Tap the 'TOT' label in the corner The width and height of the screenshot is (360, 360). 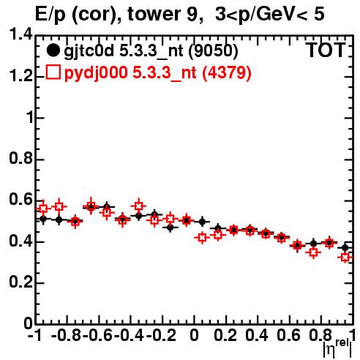pos(326,50)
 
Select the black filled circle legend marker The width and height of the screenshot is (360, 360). pos(53,50)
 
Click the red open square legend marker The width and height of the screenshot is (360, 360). pos(53,72)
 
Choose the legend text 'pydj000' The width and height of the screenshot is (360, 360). pos(96,73)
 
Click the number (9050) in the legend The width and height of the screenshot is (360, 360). pos(213,51)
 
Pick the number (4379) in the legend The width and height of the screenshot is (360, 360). pos(227,72)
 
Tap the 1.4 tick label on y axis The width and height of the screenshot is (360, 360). pos(20,34)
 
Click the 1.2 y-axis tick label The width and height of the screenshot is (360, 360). pos(20,75)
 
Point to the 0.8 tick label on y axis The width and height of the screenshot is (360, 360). pos(20,158)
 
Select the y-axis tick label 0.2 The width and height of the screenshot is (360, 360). pos(20,282)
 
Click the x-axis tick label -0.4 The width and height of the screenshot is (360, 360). pos(129,335)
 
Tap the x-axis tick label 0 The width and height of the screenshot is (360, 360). pos(194,335)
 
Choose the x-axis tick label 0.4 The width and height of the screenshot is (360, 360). pos(257,335)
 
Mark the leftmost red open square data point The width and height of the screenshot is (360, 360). pos(43,209)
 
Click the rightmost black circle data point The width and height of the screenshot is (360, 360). pos(345,248)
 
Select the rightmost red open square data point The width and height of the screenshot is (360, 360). pos(345,257)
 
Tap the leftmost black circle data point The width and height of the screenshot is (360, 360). pos(43,219)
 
